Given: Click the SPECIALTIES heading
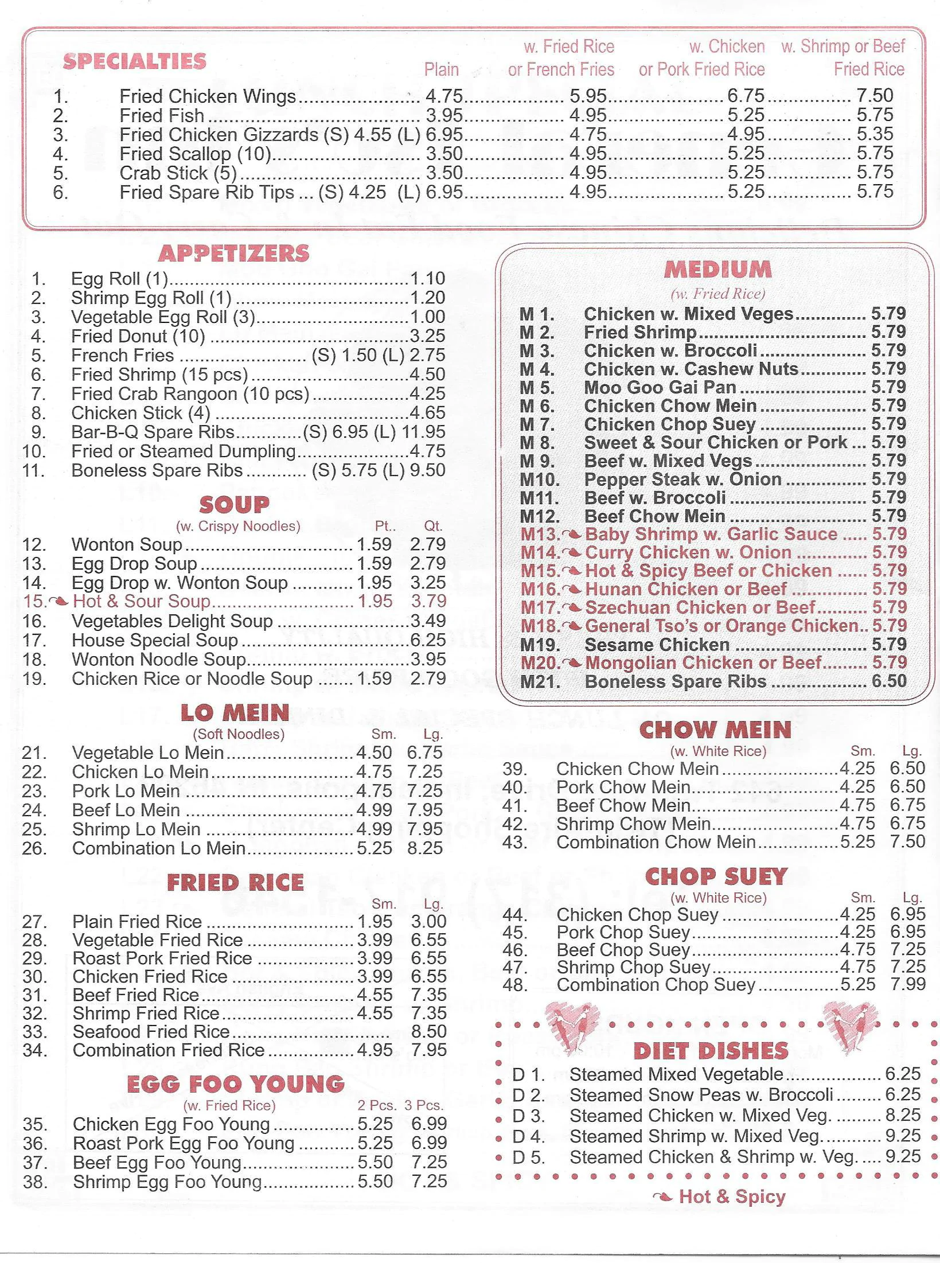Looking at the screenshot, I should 134,61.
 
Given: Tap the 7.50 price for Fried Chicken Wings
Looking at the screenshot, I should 875,95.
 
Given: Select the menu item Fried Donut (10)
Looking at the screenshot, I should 138,336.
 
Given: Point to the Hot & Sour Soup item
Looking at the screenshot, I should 142,601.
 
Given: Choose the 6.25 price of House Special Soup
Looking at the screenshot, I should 428,640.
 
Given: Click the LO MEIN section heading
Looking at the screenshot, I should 235,713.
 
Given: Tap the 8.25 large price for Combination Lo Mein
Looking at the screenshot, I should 425,848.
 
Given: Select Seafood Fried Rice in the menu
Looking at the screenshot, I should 151,1031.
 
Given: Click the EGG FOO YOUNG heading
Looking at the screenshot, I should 235,1084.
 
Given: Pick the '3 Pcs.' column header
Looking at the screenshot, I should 424,1105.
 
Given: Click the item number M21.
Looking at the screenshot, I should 540,682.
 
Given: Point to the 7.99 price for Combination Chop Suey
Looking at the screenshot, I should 908,985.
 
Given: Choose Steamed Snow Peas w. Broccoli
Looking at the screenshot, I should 701,1094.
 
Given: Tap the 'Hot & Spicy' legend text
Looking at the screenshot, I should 732,1196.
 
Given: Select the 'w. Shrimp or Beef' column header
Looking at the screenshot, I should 843,46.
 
